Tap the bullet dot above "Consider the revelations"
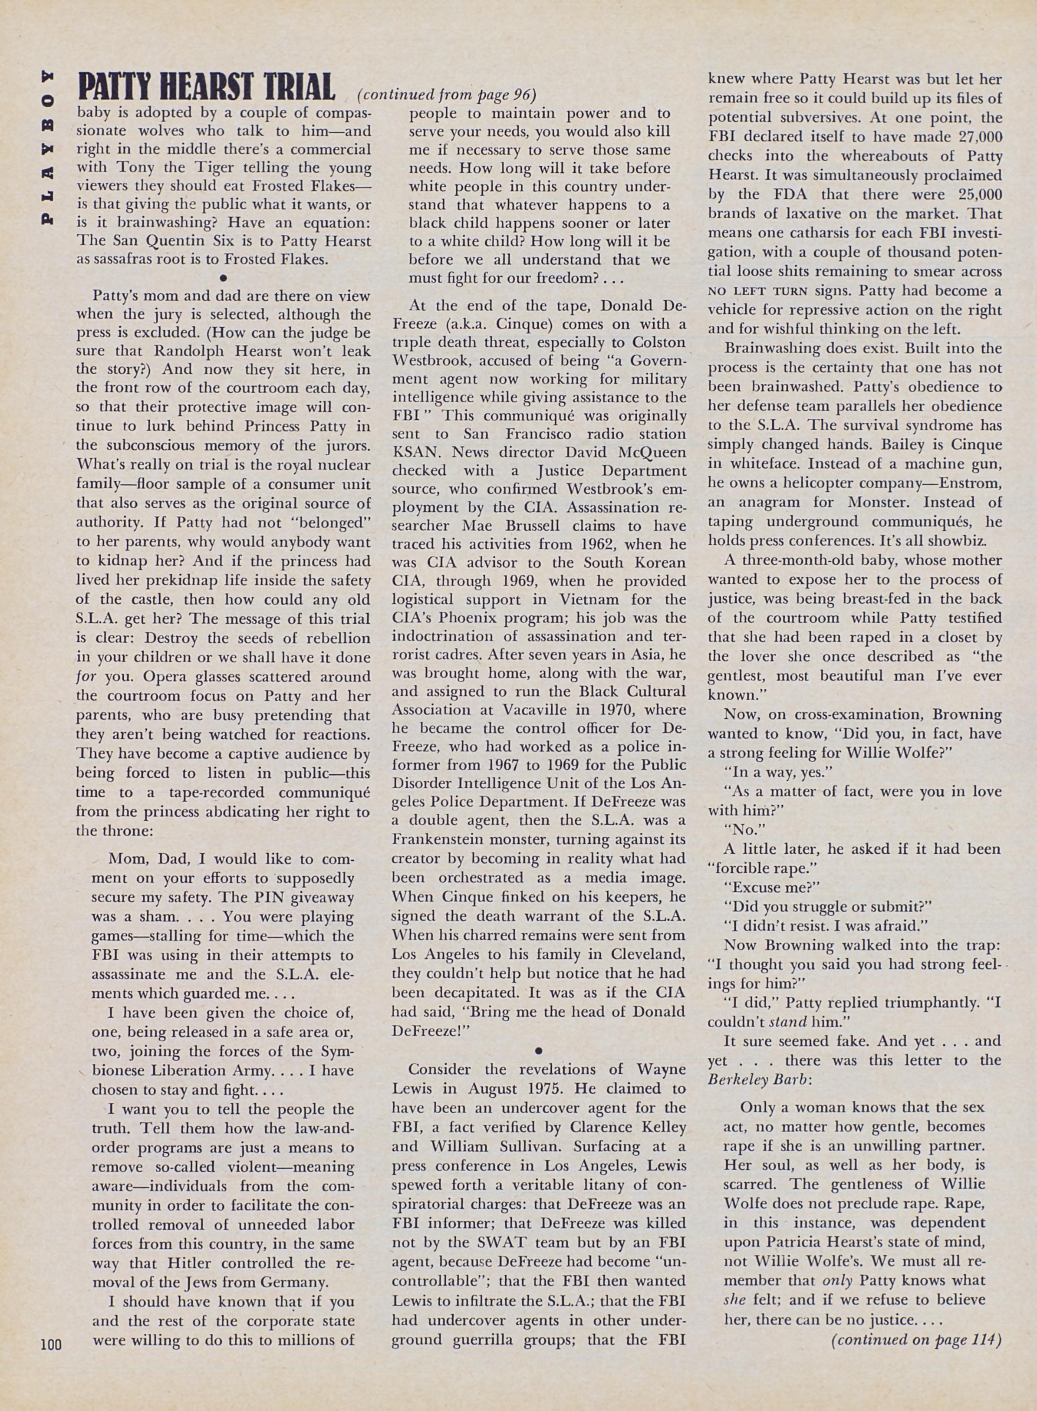pyautogui.click(x=539, y=1049)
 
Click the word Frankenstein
pyautogui.click(x=449, y=839)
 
